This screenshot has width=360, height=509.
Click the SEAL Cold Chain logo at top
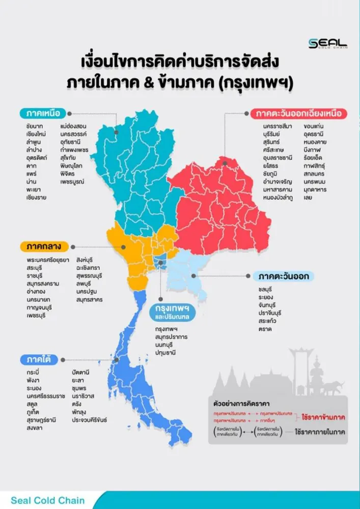click(327, 44)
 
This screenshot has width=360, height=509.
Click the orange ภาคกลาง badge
click(45, 247)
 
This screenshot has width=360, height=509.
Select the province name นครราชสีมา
click(278, 126)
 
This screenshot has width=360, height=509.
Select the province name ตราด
click(264, 329)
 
